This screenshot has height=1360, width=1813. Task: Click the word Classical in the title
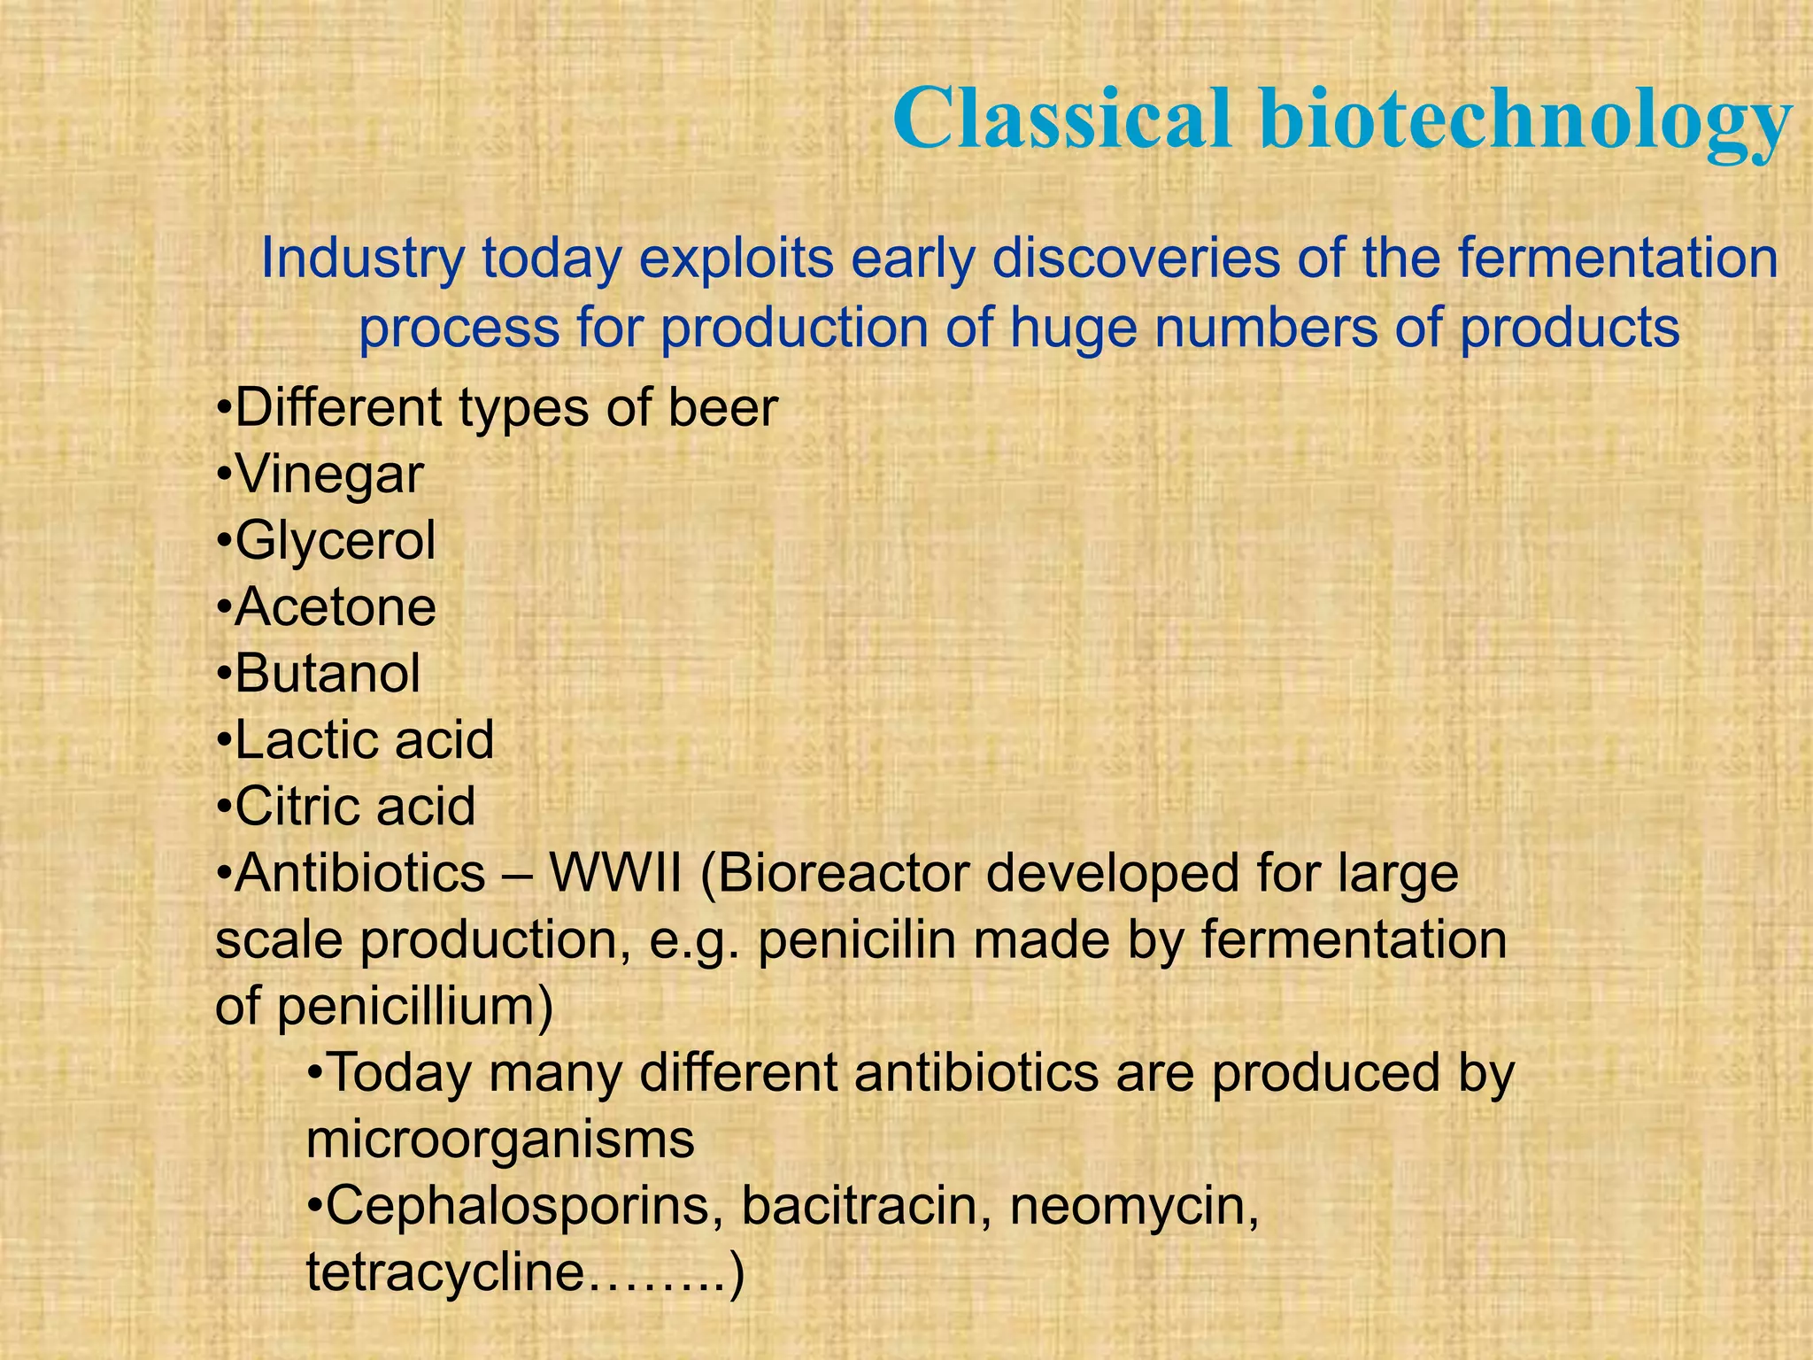click(1062, 120)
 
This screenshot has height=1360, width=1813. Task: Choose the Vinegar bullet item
click(329, 475)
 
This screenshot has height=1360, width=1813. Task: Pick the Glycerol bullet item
click(336, 541)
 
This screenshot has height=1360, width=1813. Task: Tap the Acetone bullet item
click(336, 607)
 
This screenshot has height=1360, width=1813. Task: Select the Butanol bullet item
click(328, 674)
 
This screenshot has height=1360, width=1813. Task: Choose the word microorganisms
click(500, 1140)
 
